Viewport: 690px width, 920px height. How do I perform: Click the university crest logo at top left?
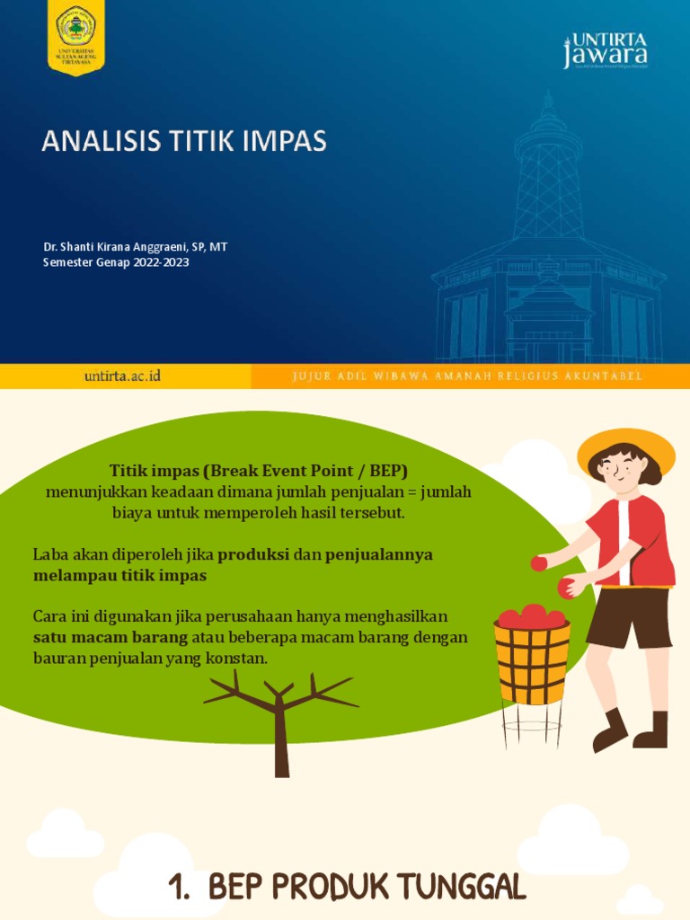point(75,38)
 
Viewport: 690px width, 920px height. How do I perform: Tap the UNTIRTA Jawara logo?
point(606,50)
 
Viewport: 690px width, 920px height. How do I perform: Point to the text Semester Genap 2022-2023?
point(116,262)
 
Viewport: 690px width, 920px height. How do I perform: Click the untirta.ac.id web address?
point(122,376)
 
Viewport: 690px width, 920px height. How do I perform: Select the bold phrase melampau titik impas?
point(119,575)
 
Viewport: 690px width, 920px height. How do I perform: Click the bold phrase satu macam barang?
point(111,637)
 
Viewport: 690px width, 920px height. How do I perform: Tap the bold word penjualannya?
point(378,554)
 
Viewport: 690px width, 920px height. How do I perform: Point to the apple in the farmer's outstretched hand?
point(538,563)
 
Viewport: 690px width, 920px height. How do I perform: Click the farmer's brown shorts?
point(629,616)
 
